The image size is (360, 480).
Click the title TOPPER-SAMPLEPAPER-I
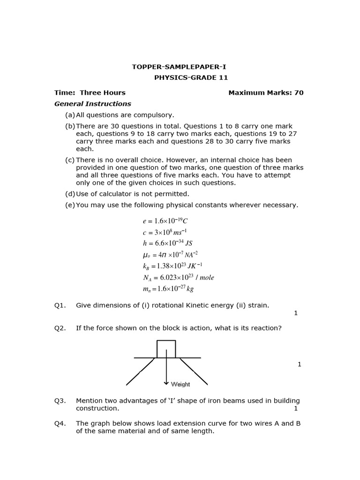(179, 67)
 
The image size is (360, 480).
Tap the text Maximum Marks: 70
(266, 93)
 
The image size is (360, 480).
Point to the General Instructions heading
(93, 104)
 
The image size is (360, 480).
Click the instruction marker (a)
(70, 115)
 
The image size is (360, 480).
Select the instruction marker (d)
(70, 194)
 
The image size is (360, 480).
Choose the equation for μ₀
(170, 255)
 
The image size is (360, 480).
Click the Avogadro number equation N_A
(178, 277)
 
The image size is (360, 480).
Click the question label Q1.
(60, 306)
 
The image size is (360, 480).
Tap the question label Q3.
(60, 401)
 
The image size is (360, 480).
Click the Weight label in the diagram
(180, 384)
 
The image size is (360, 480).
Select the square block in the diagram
(166, 349)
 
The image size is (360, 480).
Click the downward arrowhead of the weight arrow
(166, 383)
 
